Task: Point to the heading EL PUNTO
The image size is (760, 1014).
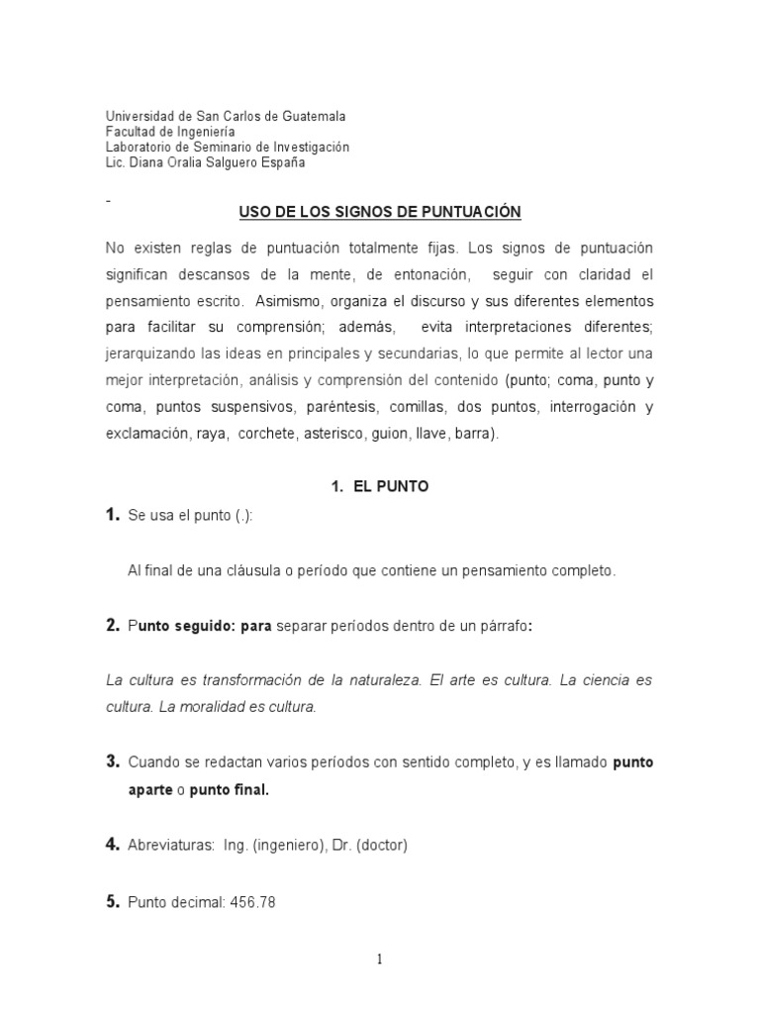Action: [391, 487]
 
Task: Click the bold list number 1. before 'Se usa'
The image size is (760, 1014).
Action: [113, 515]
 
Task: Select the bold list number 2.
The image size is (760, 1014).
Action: [113, 625]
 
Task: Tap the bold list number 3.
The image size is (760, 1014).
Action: [113, 762]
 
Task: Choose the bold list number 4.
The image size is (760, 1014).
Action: [113, 845]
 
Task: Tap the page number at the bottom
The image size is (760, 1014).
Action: [380, 959]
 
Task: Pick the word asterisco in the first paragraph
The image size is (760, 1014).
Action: [334, 433]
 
